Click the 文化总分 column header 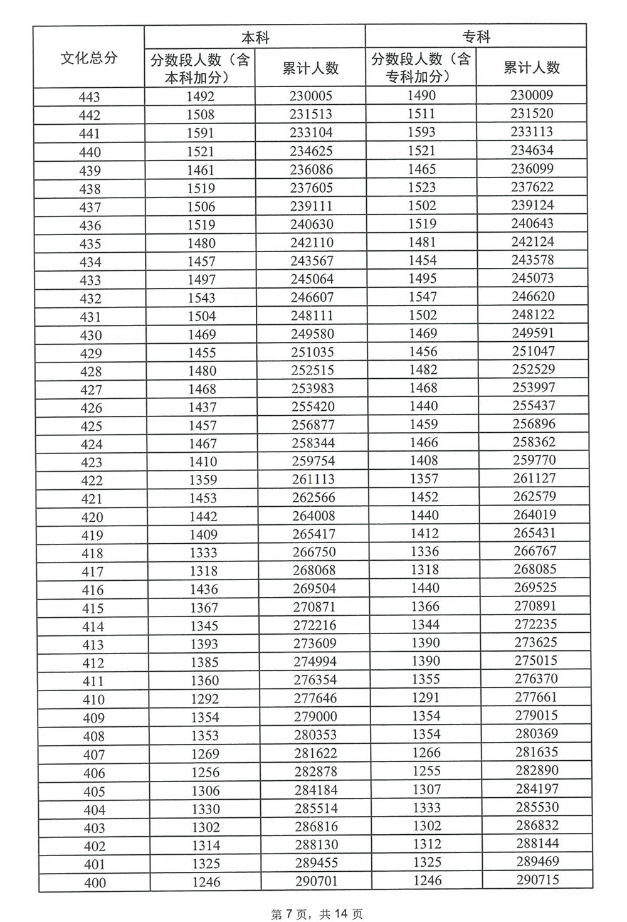click(x=88, y=58)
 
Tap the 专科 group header click(x=476, y=37)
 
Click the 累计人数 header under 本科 click(x=310, y=68)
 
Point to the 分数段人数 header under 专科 click(x=421, y=68)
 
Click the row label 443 click(x=90, y=97)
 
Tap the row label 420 click(x=92, y=517)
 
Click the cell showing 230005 click(x=311, y=96)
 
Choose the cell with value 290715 click(x=537, y=879)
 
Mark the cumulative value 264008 click(x=313, y=516)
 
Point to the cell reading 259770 click(x=534, y=460)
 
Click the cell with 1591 click(x=200, y=133)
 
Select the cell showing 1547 click(x=423, y=297)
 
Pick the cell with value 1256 click(x=205, y=772)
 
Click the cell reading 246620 click(x=533, y=296)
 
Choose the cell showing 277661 click(x=536, y=697)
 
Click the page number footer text click(x=316, y=914)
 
